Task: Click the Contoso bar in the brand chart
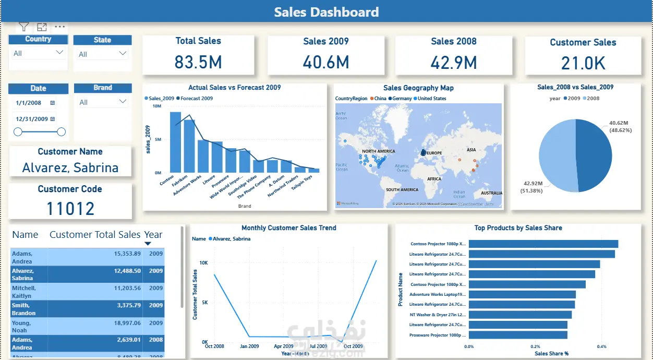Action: coord(175,142)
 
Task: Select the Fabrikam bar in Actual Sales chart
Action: coord(189,146)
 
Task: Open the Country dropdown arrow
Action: coord(59,53)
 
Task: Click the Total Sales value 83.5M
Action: coord(198,63)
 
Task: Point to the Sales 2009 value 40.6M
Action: coord(326,63)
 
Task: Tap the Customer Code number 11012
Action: coord(70,209)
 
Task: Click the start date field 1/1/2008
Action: coord(29,103)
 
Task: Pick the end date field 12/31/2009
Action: coord(32,119)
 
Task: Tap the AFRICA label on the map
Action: coord(434,179)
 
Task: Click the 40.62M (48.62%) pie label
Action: coord(620,126)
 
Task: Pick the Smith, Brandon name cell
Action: coord(24,309)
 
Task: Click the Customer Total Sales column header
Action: coord(95,235)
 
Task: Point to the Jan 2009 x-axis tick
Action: coord(249,346)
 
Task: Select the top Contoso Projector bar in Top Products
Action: coord(543,244)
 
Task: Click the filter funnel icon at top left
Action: coord(24,27)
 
